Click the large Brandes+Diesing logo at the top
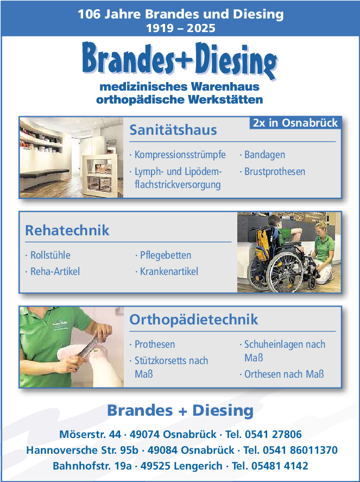click(x=180, y=60)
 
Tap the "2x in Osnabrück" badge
click(x=295, y=123)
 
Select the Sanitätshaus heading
click(x=173, y=130)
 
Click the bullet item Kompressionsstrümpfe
click(x=180, y=155)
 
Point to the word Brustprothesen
click(x=275, y=172)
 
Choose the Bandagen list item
click(x=264, y=155)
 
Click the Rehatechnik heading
click(x=67, y=230)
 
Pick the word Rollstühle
click(x=50, y=255)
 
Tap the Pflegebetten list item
click(x=166, y=255)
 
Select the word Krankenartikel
click(x=169, y=272)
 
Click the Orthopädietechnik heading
click(x=193, y=320)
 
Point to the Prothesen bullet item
click(x=155, y=345)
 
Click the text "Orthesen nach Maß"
click(x=284, y=374)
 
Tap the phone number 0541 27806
click(x=273, y=434)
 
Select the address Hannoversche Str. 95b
click(x=83, y=450)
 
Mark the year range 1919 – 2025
click(x=181, y=28)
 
